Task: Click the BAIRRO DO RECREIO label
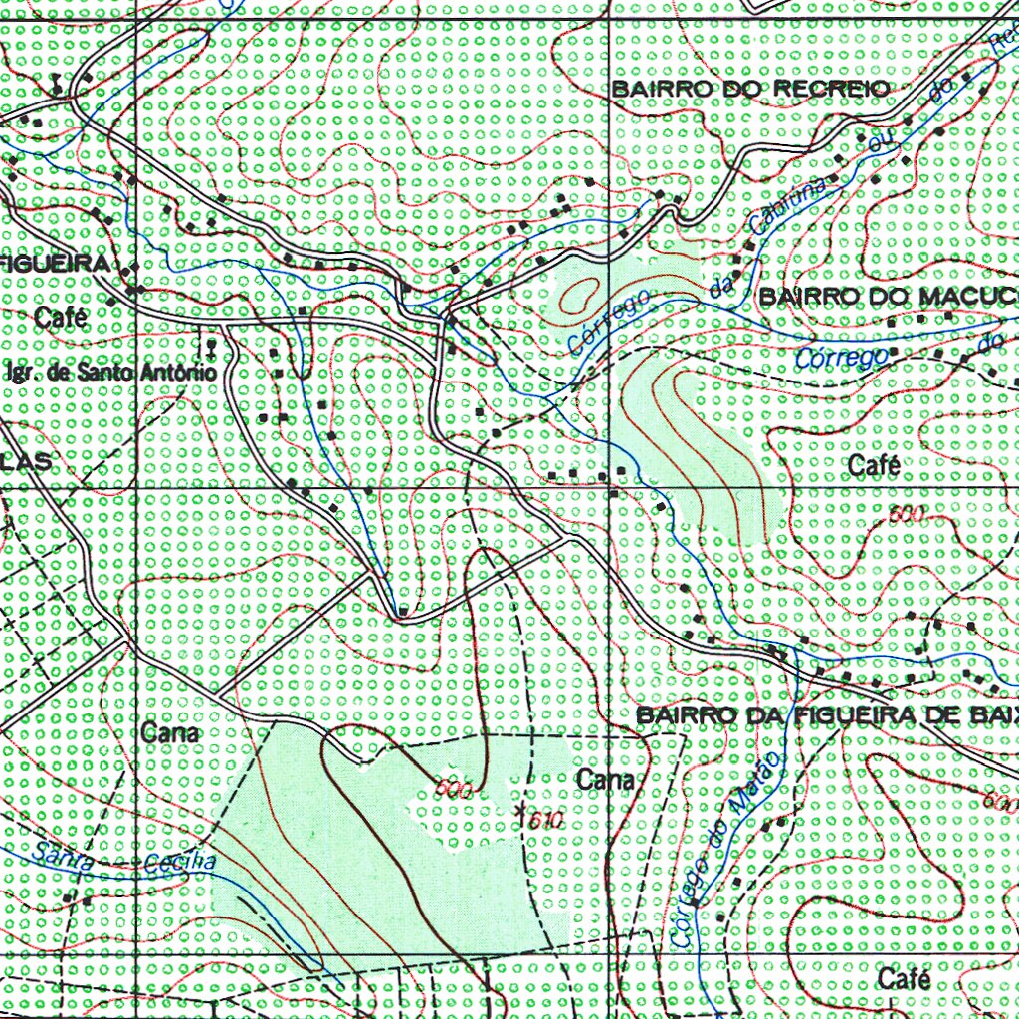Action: point(750,89)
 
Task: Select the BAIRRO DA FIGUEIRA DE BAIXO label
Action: point(827,714)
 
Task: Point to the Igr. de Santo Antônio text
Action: point(110,374)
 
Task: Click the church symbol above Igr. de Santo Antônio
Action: point(210,346)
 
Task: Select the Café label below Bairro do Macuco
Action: point(875,465)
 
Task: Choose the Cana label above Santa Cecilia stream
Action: point(171,733)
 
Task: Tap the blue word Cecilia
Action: point(180,862)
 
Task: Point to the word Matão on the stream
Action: point(753,785)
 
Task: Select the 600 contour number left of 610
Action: point(453,789)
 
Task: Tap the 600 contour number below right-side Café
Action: point(907,513)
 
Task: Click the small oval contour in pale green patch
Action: point(580,294)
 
